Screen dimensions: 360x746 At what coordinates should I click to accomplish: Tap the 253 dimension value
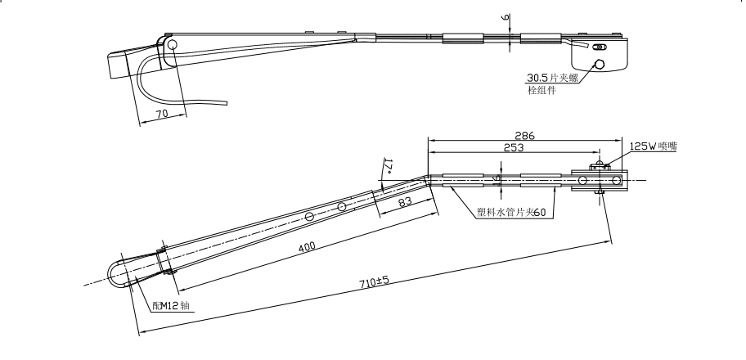(515, 148)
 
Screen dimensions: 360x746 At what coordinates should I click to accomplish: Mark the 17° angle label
(387, 168)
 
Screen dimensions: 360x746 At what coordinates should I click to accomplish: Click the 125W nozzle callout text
(653, 146)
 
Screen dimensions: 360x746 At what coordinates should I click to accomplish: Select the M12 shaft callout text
(173, 304)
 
